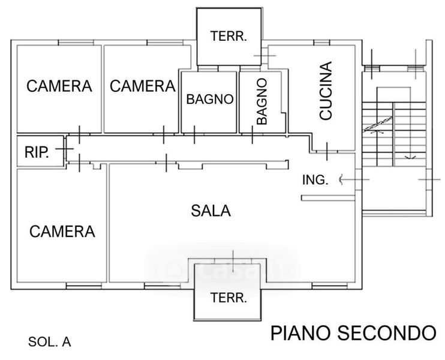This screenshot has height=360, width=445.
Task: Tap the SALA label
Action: click(x=211, y=211)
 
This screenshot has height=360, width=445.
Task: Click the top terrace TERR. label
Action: click(x=228, y=36)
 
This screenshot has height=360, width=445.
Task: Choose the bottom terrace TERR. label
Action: click(x=228, y=298)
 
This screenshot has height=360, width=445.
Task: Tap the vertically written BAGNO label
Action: click(x=261, y=101)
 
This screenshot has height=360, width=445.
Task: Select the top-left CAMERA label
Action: click(x=59, y=86)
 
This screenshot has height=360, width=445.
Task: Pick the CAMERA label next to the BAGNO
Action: click(x=142, y=86)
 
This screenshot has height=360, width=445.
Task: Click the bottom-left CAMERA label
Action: click(x=62, y=231)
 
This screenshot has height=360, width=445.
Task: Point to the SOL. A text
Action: click(x=50, y=343)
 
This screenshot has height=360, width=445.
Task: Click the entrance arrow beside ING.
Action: click(x=342, y=178)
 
